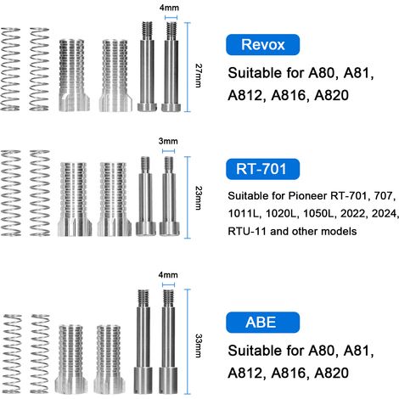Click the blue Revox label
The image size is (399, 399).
coord(262,45)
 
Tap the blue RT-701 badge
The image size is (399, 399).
coord(262,169)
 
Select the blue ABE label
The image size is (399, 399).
coord(262,323)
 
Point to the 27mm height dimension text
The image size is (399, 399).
coord(199,76)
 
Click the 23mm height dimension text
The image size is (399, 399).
coord(199,198)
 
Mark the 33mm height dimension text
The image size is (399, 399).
coord(199,346)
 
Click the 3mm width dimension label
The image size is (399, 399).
coord(168,141)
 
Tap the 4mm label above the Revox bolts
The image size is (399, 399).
coord(169,8)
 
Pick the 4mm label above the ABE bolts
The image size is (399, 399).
coord(168,275)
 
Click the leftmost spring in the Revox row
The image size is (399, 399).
coord(10,69)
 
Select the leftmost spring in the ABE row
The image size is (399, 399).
coord(12,354)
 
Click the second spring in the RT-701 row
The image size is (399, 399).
coord(40,193)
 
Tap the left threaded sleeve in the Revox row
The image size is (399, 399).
coord(75,75)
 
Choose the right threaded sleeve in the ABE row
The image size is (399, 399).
coord(109,359)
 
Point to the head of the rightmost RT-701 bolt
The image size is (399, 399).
coord(170,229)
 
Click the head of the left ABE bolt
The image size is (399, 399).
coord(143,380)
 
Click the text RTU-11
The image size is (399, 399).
coord(247,231)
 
